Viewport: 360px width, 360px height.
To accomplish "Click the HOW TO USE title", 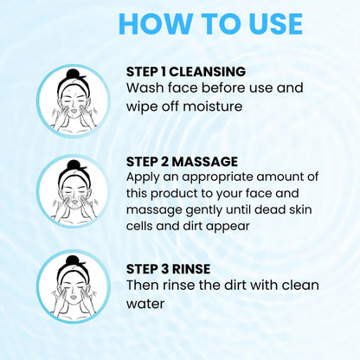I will (x=210, y=24).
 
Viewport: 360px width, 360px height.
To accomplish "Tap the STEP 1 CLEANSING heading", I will (x=186, y=71).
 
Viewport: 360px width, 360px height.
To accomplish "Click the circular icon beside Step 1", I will (x=74, y=100).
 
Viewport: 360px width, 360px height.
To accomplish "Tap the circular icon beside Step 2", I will (x=74, y=191).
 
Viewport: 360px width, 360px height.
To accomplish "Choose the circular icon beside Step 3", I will (x=74, y=286).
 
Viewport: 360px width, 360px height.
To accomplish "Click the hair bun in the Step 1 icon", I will (x=74, y=75).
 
